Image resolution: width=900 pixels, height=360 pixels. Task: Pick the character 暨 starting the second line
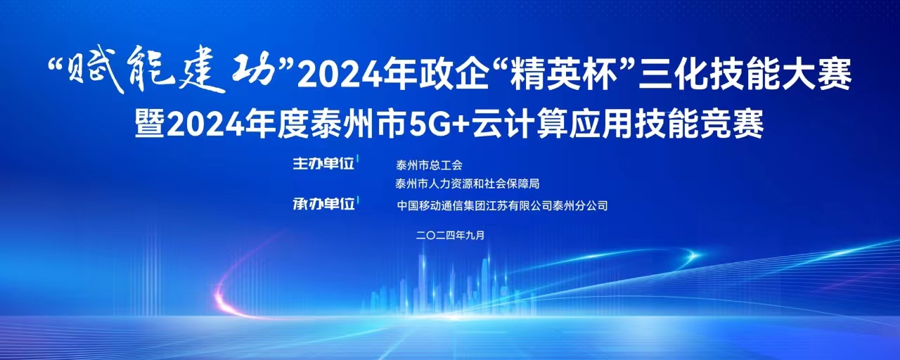(x=150, y=124)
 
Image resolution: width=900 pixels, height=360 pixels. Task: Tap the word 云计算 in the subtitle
(x=519, y=124)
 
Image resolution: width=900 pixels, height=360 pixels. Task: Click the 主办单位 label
(x=323, y=164)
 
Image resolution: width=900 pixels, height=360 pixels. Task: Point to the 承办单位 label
(x=323, y=204)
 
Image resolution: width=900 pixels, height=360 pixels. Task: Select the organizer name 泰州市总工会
(x=429, y=165)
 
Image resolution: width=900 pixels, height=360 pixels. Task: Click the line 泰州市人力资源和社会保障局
(x=468, y=184)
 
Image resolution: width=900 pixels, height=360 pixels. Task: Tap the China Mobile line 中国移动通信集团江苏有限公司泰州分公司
(x=502, y=206)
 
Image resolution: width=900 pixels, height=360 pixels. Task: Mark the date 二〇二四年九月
(x=451, y=236)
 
